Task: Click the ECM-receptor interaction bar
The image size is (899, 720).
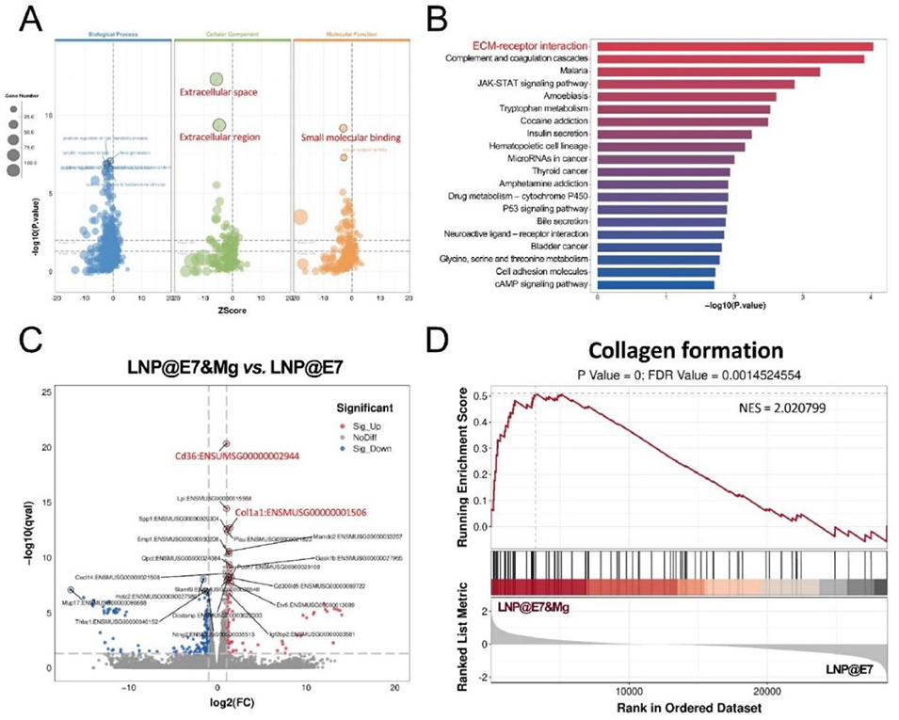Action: tap(734, 46)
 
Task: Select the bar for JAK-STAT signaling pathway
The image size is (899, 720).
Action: tap(696, 84)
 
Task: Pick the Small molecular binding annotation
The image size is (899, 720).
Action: tap(350, 137)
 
